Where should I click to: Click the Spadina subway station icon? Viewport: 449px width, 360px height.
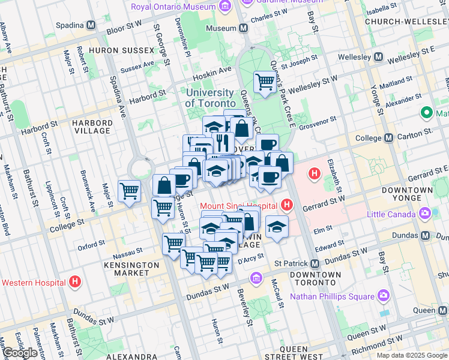pos(91,26)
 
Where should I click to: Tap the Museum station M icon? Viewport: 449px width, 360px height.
pos(244,28)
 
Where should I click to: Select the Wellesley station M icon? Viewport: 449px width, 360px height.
pos(379,57)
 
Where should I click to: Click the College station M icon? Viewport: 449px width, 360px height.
pos(388,137)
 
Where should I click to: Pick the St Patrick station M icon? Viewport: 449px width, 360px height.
pos(314,264)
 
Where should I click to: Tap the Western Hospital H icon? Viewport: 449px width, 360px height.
pos(75,281)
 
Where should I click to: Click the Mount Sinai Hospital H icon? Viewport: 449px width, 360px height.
pos(287,206)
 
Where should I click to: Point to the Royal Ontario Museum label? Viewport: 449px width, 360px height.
pos(173,7)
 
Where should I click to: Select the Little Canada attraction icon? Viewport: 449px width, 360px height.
pos(426,213)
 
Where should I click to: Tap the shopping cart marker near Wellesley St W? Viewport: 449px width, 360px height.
pos(265,82)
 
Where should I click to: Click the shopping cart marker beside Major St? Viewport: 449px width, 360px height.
pos(129,191)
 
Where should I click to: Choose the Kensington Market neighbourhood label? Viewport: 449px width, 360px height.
pos(126,268)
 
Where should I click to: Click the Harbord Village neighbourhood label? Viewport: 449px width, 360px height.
pos(91,127)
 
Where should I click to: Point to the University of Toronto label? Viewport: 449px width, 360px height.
pos(209,98)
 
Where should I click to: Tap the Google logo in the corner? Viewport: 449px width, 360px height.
pos(20,353)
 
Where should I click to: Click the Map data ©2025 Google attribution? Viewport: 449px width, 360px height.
pos(411,355)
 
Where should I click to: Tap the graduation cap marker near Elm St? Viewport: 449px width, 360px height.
pos(276,227)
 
